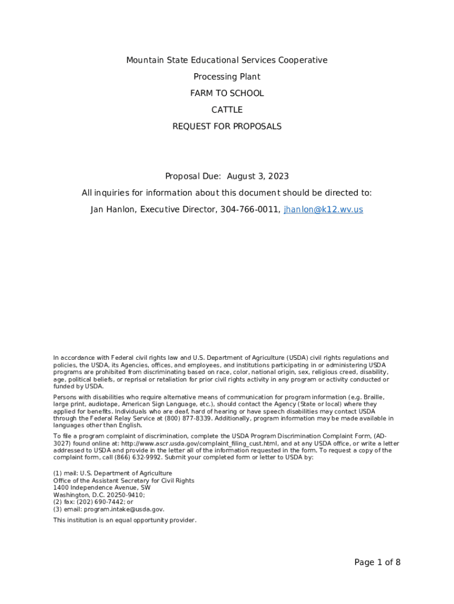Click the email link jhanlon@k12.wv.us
point(323,209)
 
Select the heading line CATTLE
point(227,110)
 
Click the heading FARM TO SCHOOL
point(227,93)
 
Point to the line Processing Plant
point(227,77)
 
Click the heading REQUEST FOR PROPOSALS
point(227,126)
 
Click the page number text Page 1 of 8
point(377,562)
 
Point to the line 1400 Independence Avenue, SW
point(101,488)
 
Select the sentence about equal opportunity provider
point(124,520)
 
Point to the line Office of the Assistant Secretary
point(124,481)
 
